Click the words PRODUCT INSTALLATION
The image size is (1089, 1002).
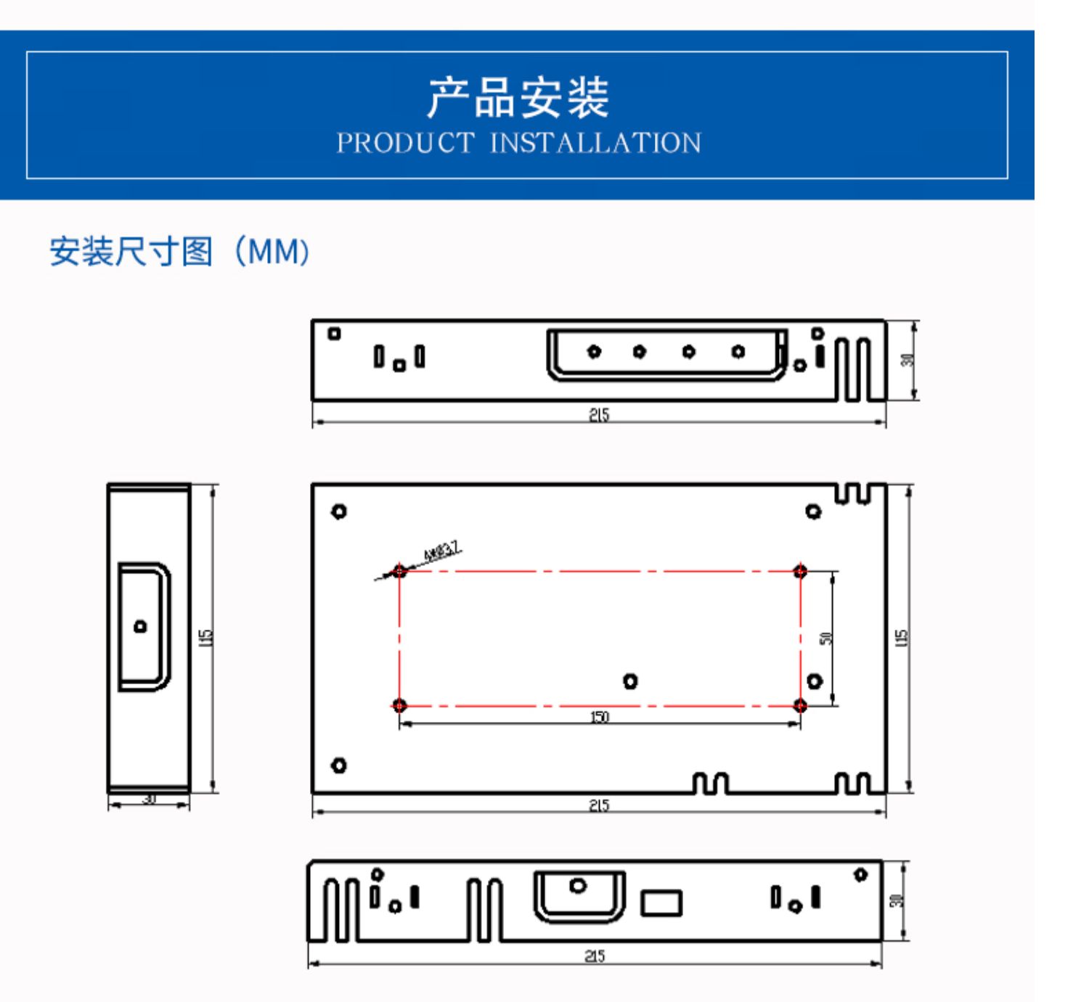point(518,143)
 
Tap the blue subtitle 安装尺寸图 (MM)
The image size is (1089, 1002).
point(181,252)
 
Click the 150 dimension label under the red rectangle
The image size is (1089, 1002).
point(599,718)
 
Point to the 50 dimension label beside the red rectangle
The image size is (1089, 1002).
point(825,638)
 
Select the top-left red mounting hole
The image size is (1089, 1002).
point(399,571)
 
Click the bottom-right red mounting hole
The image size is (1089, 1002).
point(800,705)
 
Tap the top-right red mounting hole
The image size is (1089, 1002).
point(800,571)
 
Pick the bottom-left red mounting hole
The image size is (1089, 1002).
point(399,705)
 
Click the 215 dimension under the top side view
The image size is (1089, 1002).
point(599,415)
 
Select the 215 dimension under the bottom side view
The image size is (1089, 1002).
point(595,956)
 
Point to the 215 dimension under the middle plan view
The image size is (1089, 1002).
point(599,805)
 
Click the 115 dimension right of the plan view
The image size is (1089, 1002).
point(902,638)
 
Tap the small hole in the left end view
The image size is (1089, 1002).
point(140,626)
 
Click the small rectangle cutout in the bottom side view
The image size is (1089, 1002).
point(661,903)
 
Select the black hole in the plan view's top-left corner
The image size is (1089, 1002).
point(338,512)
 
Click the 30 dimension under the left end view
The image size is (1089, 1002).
point(149,799)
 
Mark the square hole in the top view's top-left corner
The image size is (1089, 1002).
point(334,334)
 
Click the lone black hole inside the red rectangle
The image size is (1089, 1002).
point(630,681)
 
